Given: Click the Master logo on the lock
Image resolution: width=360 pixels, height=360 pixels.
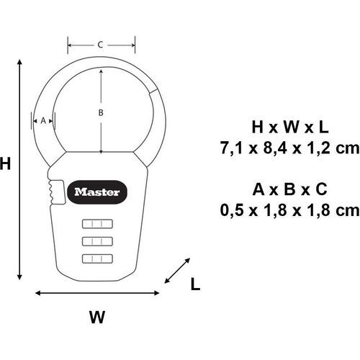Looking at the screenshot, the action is pos(97,192).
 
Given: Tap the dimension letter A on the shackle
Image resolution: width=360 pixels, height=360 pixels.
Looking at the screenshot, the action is pos(43,120).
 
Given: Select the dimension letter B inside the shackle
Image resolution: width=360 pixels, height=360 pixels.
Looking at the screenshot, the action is pos(101,112).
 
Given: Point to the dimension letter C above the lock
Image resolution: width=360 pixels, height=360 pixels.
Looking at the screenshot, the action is pos(101,45).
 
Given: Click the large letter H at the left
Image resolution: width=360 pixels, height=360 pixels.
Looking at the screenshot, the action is pos(5,163).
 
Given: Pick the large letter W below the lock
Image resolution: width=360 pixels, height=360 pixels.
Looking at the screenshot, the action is pos(97,317).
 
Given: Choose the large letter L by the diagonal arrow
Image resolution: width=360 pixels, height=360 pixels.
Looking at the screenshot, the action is pos(195,284).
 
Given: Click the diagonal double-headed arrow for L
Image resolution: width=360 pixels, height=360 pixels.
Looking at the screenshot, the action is pos(177,271).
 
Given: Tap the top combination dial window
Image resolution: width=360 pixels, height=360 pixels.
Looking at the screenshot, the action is pos(97,224).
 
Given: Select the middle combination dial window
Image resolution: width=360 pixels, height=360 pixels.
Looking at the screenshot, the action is pos(97,241).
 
